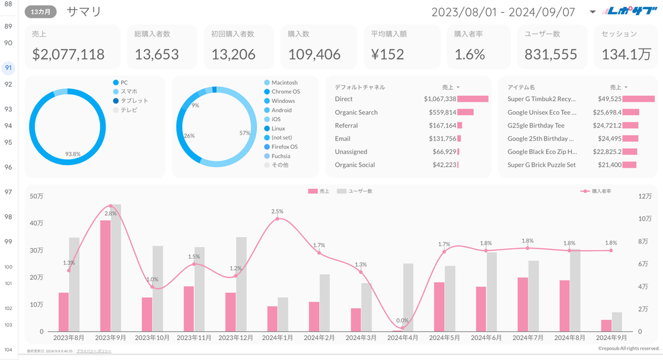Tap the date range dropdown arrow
[592, 12]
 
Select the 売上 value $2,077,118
[68, 54]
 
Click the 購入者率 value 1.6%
[469, 54]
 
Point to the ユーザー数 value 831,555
[550, 54]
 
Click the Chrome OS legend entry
[286, 92]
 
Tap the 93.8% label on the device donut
[73, 153]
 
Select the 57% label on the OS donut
[244, 133]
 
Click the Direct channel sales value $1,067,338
[440, 99]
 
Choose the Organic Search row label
[356, 113]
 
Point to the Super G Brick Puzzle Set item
[541, 165]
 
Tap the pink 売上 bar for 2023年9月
[105, 276]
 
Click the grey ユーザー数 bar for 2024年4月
[408, 297]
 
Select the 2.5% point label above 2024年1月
[277, 211]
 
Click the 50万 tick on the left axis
[37, 196]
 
